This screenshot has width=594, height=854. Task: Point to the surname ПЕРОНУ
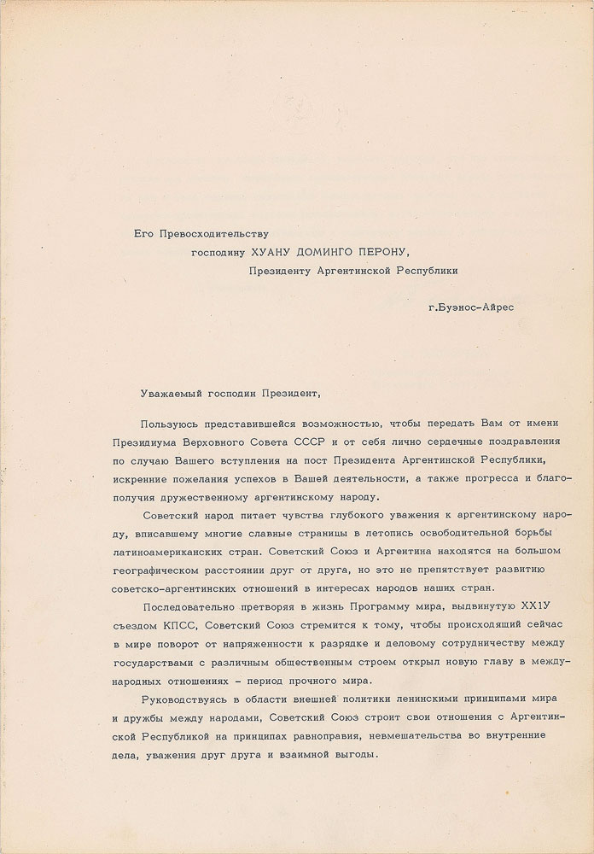[x=386, y=251]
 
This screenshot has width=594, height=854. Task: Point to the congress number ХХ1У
[x=543, y=610]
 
